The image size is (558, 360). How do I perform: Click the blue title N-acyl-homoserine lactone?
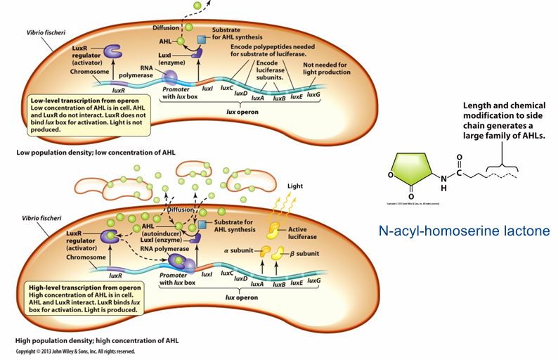463,230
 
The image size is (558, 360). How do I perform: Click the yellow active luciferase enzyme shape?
273,230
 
